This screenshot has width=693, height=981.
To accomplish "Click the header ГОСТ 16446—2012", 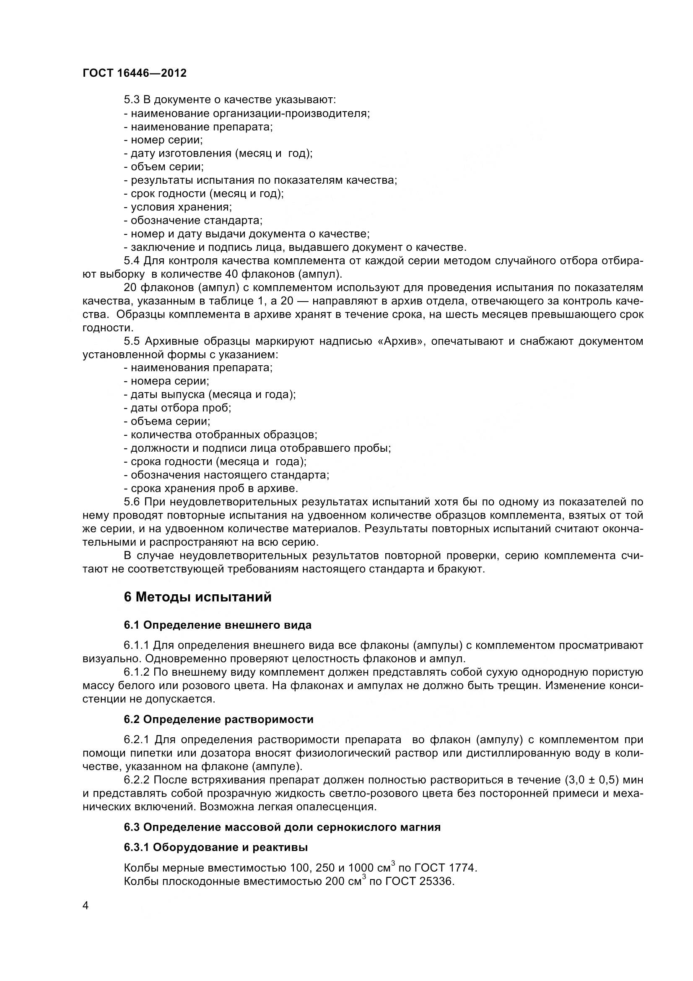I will (x=135, y=73).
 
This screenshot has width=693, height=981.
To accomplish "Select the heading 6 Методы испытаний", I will (x=198, y=597).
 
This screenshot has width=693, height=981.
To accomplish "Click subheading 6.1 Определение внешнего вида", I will (x=218, y=625).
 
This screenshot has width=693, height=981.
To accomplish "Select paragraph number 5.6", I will (x=132, y=502).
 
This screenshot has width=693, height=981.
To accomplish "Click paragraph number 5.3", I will (x=132, y=100).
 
